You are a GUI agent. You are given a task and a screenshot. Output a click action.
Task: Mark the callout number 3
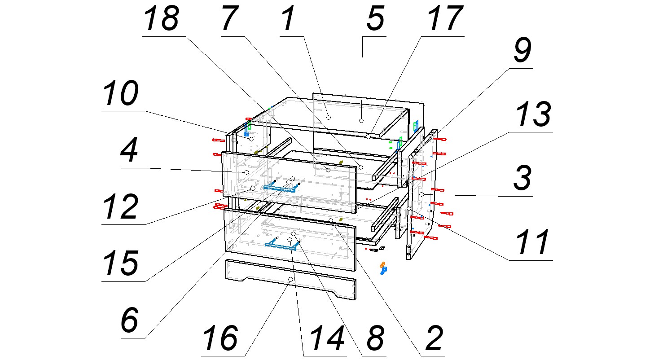[x=522, y=179]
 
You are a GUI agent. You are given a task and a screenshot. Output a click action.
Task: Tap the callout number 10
[x=120, y=94]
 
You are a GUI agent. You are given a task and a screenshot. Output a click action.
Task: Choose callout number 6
[x=130, y=320]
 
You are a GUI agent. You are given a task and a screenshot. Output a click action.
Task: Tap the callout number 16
[x=221, y=338]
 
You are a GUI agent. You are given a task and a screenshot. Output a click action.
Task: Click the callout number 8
[x=374, y=338]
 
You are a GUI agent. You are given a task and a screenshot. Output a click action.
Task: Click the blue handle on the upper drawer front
[x=281, y=187]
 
